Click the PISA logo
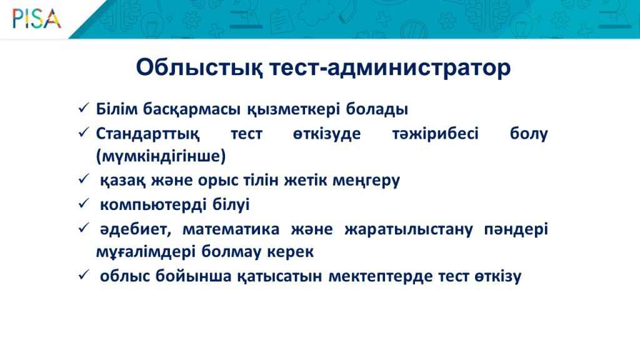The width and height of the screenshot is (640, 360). [x=37, y=19]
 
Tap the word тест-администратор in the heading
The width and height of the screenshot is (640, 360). [x=390, y=67]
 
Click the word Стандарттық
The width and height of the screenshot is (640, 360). [x=147, y=134]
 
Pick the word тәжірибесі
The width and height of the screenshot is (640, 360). [x=435, y=134]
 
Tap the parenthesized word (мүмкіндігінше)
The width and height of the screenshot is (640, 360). [x=161, y=156]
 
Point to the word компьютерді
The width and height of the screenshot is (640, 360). [x=154, y=205]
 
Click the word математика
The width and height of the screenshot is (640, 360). [x=231, y=229]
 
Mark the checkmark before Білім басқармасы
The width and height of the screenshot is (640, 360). [x=84, y=108]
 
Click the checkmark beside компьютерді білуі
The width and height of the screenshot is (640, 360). [x=84, y=203]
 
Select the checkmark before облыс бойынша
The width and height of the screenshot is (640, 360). [x=84, y=275]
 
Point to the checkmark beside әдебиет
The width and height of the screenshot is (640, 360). [x=84, y=227]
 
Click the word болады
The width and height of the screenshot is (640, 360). [x=377, y=109]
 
